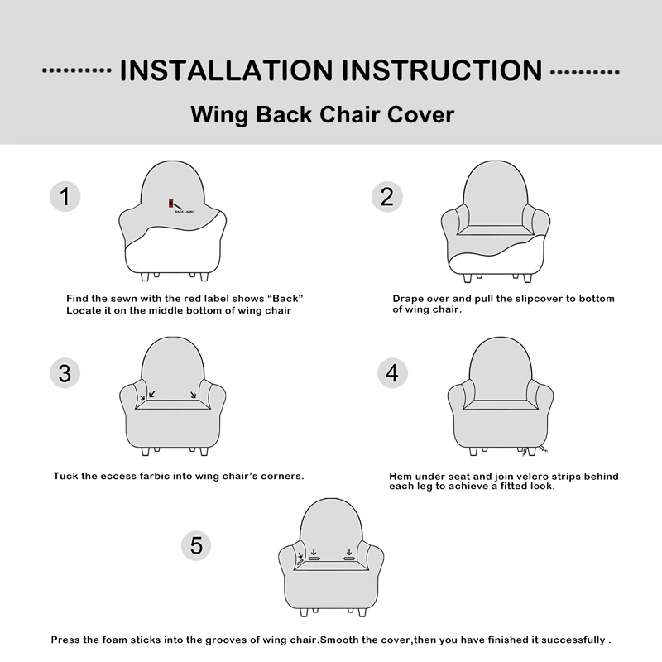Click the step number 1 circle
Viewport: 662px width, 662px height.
(x=65, y=197)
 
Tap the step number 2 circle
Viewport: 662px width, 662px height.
(x=386, y=197)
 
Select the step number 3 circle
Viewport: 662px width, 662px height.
(x=65, y=373)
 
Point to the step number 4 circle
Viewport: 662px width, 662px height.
(x=392, y=373)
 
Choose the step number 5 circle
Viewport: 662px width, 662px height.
(x=196, y=545)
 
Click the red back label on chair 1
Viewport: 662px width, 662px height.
(x=171, y=203)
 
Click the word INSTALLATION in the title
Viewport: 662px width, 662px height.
(x=227, y=70)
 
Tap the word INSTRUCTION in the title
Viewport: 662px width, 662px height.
(x=442, y=70)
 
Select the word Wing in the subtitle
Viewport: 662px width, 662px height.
(x=219, y=115)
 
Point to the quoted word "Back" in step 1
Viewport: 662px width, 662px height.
(x=285, y=299)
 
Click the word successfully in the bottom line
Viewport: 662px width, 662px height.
(x=573, y=640)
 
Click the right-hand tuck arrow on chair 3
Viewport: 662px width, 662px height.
(x=193, y=395)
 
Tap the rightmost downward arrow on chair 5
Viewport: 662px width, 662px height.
(x=349, y=553)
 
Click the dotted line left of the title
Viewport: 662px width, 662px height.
(x=76, y=70)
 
